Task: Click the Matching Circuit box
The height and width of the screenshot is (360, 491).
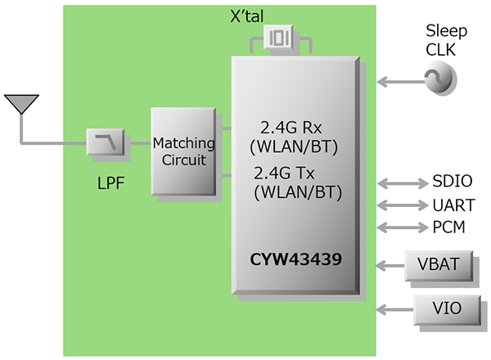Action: click(x=184, y=151)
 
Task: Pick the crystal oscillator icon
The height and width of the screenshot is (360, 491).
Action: click(x=280, y=39)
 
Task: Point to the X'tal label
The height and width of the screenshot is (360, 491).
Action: click(x=281, y=13)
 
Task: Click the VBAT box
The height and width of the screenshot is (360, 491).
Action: click(x=438, y=266)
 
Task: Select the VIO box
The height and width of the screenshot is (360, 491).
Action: click(x=438, y=309)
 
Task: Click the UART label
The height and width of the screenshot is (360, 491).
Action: click(x=452, y=205)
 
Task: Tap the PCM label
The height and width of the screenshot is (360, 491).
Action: click(x=448, y=227)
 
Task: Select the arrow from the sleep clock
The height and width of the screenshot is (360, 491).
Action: click(x=399, y=81)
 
